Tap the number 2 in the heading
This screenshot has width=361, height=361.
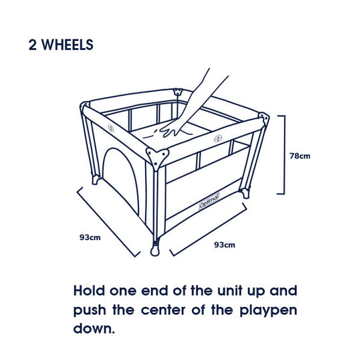point(32,45)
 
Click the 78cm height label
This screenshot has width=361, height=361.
point(300,156)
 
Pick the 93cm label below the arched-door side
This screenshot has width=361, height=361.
point(90,237)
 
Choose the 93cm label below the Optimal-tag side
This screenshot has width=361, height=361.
point(225,245)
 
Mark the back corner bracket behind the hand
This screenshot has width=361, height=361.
point(177,92)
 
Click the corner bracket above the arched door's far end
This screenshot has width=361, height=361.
point(85,106)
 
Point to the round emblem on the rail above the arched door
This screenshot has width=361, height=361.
point(111,126)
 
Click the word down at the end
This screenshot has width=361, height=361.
point(94,330)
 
